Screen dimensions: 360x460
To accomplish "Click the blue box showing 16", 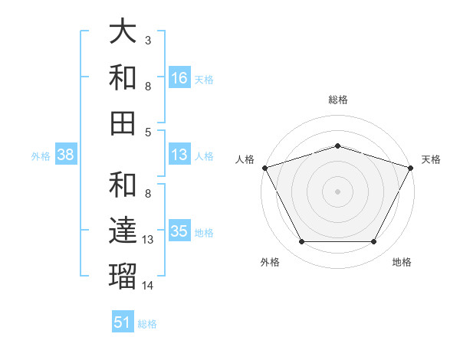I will pos(179,77).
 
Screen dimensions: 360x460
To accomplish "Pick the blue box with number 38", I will pos(65,155).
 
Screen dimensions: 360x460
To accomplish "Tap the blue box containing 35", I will pos(179,231).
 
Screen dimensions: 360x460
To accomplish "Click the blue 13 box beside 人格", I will pos(179,155).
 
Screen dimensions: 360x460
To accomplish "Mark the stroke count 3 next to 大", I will pos(148,39).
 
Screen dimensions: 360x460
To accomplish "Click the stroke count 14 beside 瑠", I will pos(148,286).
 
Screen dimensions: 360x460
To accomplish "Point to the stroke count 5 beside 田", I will pos(148,131).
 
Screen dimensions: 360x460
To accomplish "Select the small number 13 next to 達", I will pos(148,240).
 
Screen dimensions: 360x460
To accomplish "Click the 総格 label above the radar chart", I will pos(338,100).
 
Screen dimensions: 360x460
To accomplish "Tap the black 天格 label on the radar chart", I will pos(431,159).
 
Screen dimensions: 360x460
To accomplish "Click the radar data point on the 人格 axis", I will pos(264,167).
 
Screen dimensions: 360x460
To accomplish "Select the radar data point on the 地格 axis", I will pos(374,241).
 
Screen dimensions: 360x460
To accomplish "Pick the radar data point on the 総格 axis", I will pos(338,146).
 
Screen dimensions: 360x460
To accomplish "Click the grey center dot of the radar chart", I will pos(338,191).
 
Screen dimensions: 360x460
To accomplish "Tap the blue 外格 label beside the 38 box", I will pos(41,155).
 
